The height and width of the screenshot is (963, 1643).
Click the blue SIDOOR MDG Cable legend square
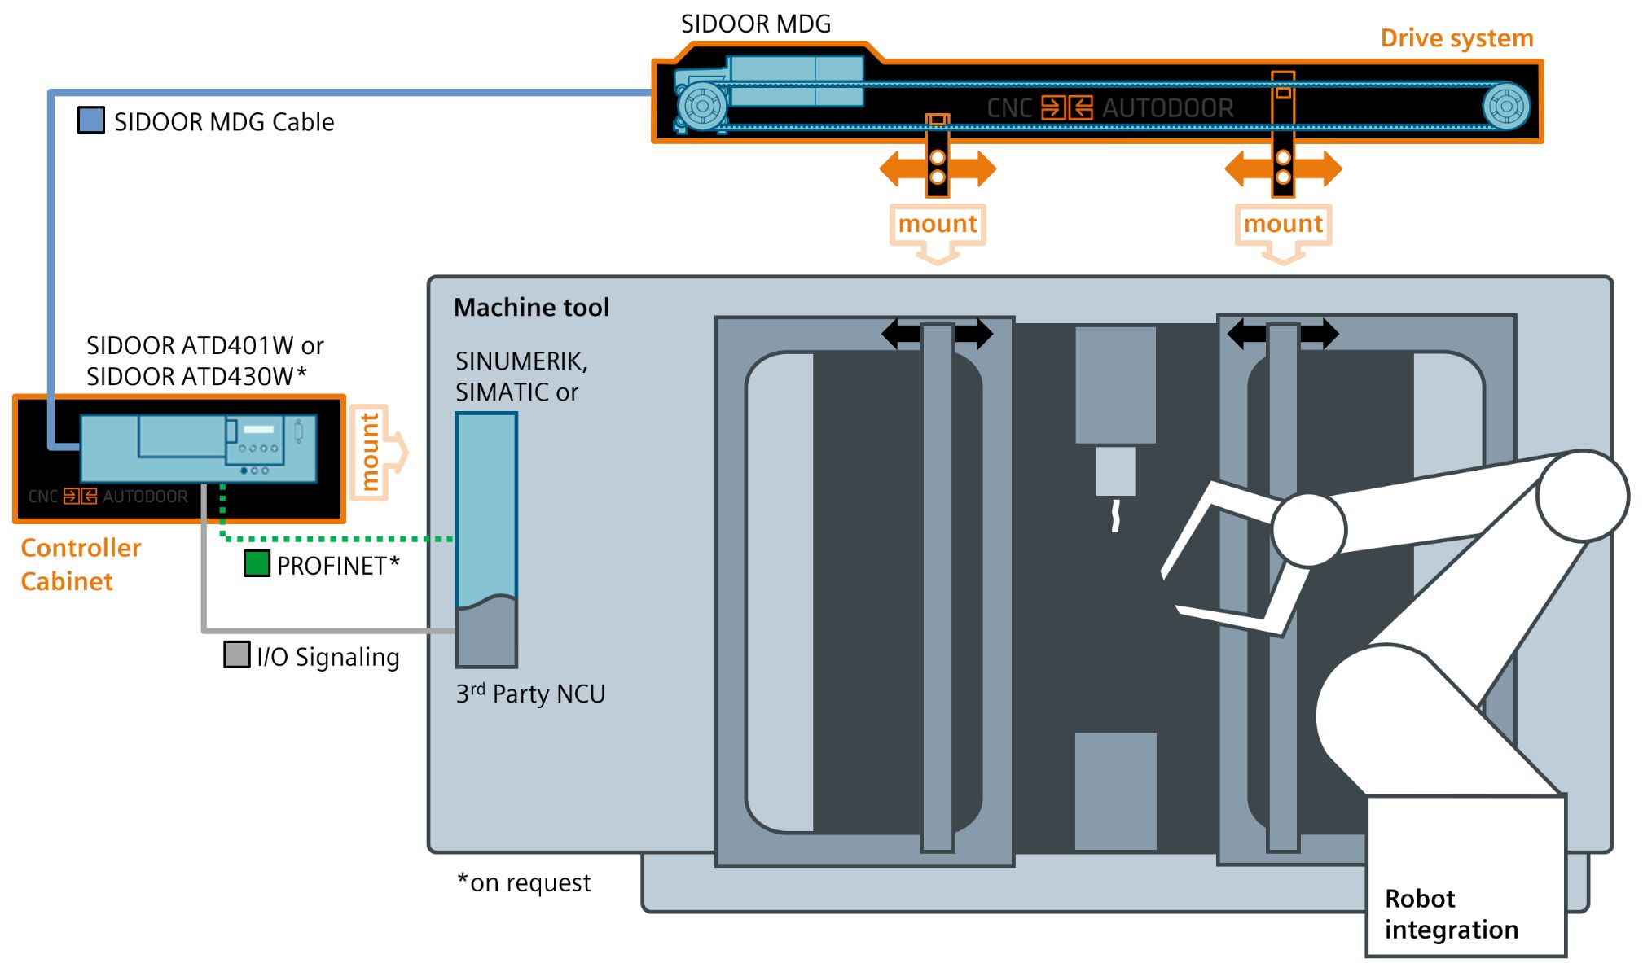click(x=91, y=120)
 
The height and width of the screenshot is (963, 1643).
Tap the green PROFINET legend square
click(x=257, y=563)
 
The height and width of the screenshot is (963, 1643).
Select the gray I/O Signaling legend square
click(x=236, y=654)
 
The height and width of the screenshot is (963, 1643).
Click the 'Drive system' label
click(x=1456, y=38)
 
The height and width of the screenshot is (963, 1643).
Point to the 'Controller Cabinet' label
click(x=80, y=564)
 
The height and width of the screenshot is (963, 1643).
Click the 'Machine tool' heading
click(x=531, y=308)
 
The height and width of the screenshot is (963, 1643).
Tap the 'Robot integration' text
click(x=1450, y=913)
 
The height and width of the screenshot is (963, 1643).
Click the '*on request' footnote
click(x=524, y=882)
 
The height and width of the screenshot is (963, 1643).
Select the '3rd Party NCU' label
click(x=530, y=694)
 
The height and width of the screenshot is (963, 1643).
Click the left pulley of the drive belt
click(x=702, y=106)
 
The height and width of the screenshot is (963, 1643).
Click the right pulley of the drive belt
click(x=1505, y=106)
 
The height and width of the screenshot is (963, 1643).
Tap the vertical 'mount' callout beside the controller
click(x=371, y=452)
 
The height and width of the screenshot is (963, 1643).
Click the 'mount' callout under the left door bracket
click(x=937, y=224)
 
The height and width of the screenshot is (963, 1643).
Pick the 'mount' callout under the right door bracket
click(x=1282, y=224)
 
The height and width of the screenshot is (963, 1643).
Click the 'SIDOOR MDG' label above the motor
click(x=755, y=24)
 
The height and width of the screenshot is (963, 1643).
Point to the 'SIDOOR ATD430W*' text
click(x=196, y=376)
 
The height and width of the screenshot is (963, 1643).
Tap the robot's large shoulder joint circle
click(x=1582, y=497)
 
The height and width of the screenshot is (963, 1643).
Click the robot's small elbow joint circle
click(x=1308, y=530)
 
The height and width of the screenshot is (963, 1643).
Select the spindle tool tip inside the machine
click(x=1115, y=515)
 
